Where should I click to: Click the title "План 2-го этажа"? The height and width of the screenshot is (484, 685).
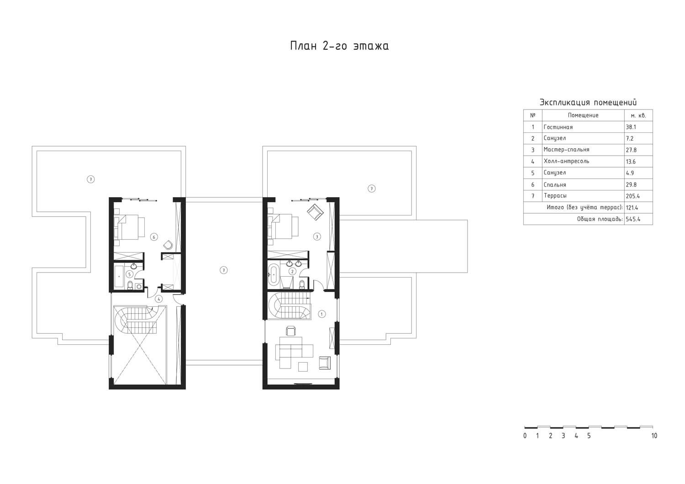pyautogui.click(x=339, y=46)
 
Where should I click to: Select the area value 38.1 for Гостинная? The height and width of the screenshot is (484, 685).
pyautogui.click(x=631, y=127)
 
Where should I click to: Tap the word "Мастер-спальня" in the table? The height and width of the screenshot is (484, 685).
pyautogui.click(x=566, y=149)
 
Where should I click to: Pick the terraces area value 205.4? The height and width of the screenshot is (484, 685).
pyautogui.click(x=632, y=196)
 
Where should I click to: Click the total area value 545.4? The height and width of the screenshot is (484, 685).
pyautogui.click(x=633, y=219)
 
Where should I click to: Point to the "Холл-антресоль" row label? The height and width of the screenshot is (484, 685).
pyautogui.click(x=566, y=161)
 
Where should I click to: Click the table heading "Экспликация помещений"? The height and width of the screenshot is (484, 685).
pyautogui.click(x=588, y=102)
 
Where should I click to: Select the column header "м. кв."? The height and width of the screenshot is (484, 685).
pyautogui.click(x=638, y=116)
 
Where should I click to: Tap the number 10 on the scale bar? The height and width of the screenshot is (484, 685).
pyautogui.click(x=654, y=436)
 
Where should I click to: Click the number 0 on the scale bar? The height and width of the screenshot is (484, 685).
pyautogui.click(x=525, y=436)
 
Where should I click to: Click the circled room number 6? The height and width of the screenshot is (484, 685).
pyautogui.click(x=154, y=237)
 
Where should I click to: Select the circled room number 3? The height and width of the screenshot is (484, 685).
pyautogui.click(x=317, y=237)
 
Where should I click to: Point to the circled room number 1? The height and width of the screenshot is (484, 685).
pyautogui.click(x=321, y=314)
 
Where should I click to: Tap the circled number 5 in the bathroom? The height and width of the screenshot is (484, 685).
pyautogui.click(x=130, y=274)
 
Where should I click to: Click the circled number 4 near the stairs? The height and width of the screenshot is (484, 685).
pyautogui.click(x=158, y=299)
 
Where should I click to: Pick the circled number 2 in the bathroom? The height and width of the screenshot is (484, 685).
pyautogui.click(x=293, y=271)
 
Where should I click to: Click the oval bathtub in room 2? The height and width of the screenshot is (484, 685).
pyautogui.click(x=274, y=275)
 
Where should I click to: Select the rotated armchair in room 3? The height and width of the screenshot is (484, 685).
pyautogui.click(x=315, y=212)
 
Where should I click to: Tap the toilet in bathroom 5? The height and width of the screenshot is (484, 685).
pyautogui.click(x=130, y=284)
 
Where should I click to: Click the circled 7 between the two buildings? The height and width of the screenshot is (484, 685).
pyautogui.click(x=224, y=270)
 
